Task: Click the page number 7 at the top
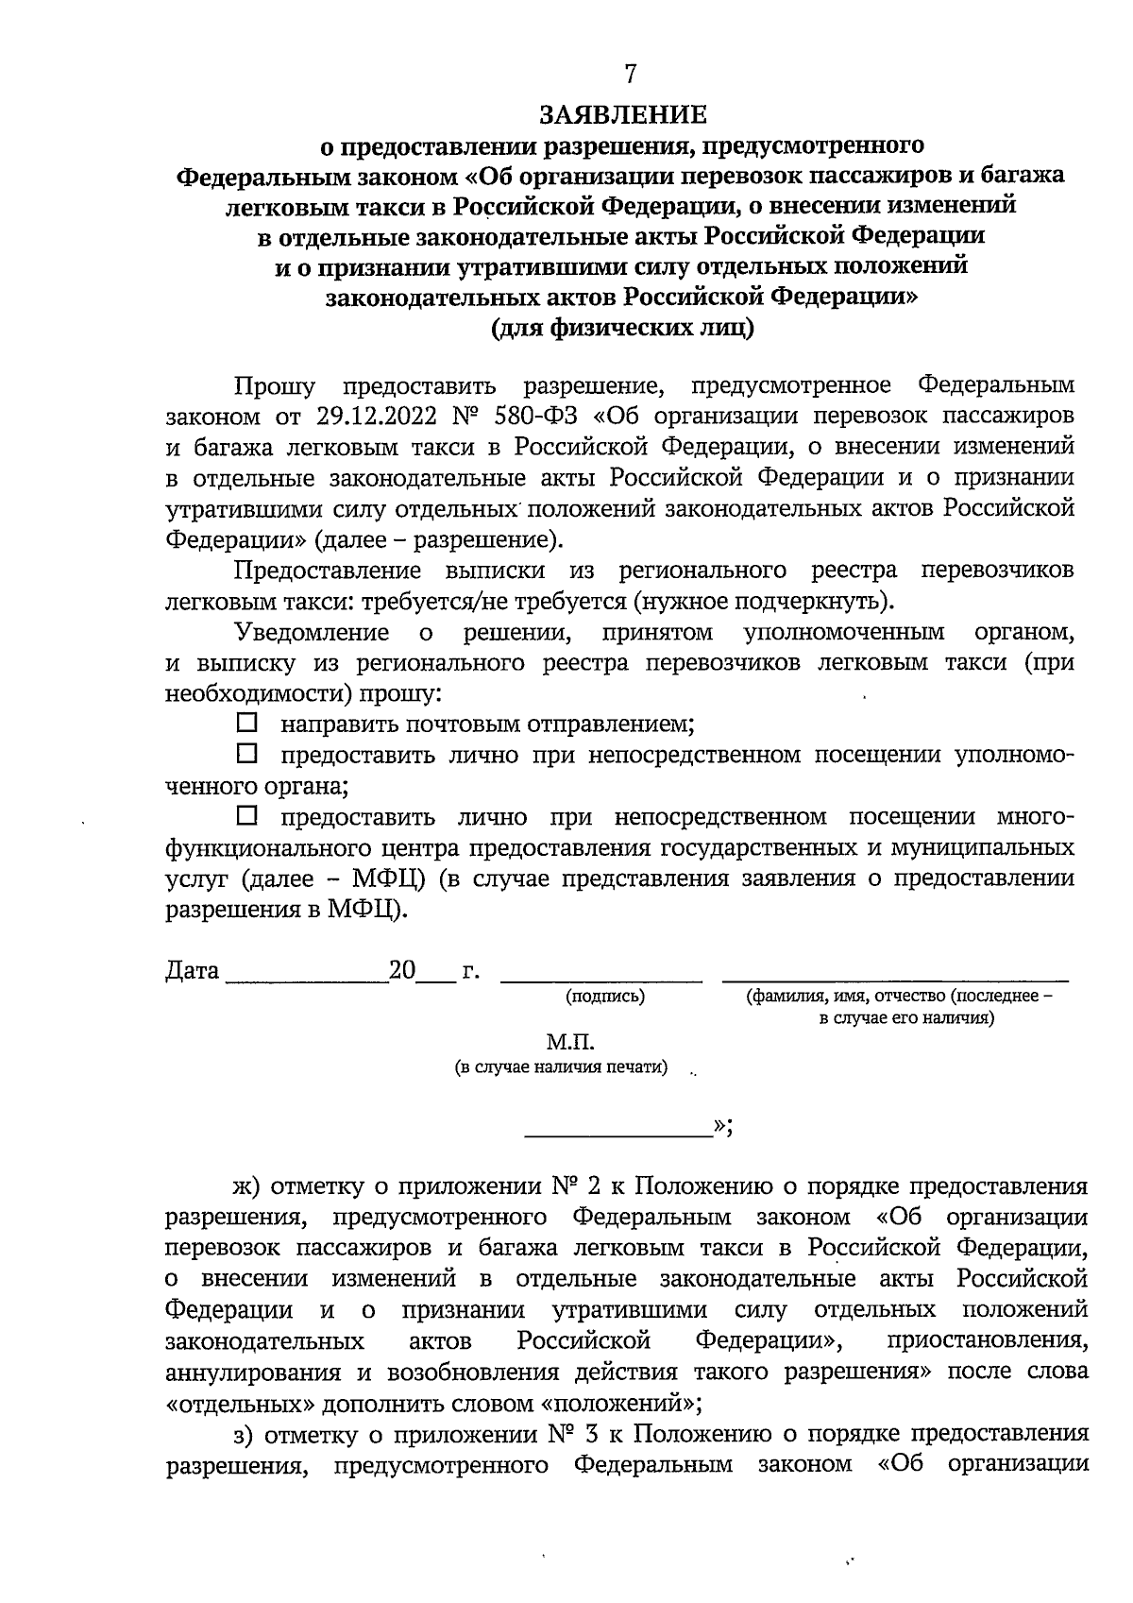[x=630, y=75]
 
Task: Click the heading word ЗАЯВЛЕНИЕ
[x=622, y=115]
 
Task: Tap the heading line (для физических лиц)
[x=622, y=328]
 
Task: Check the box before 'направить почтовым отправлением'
[x=246, y=724]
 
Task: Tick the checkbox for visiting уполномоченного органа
[x=246, y=754]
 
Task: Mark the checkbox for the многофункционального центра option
[x=246, y=814]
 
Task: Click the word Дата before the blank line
[x=193, y=971]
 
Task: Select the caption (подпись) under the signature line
[x=605, y=997]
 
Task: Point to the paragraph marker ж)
[x=249, y=1186]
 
